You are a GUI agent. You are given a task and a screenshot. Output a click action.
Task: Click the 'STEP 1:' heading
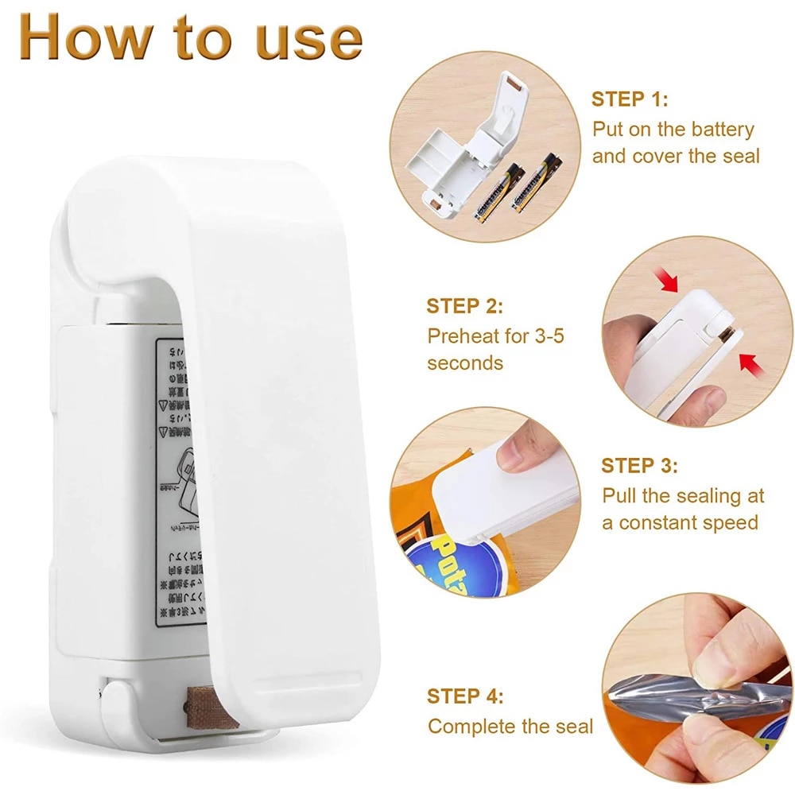tap(630, 99)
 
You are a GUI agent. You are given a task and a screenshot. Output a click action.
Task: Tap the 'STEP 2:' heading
tap(465, 306)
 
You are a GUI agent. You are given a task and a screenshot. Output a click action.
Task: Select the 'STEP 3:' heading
tap(640, 465)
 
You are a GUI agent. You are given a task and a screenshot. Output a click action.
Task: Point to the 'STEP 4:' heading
tap(465, 696)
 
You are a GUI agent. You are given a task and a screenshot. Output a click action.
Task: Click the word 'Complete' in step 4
tap(474, 726)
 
